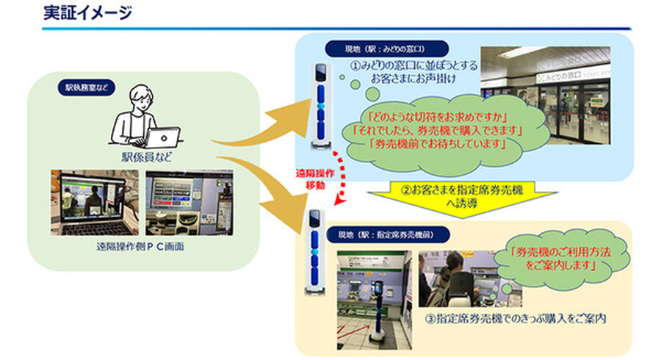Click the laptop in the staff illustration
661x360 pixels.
162,136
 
